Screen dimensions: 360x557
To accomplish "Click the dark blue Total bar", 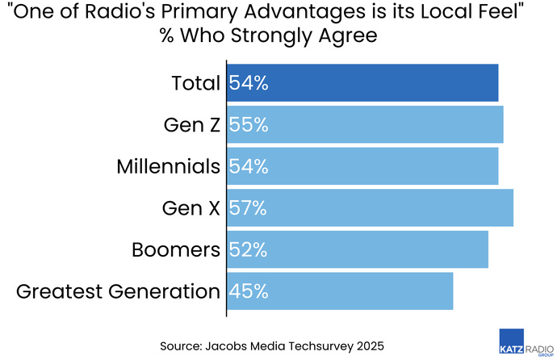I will coord(362,83).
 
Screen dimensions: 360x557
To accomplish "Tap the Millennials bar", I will coord(362,166).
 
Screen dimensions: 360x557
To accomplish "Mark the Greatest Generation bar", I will coord(340,291).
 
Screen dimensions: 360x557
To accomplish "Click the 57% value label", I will coord(248,208).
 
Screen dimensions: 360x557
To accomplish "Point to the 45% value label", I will coord(248,291).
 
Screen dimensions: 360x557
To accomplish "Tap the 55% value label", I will coord(248,125).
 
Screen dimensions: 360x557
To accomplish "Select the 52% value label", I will coord(248,249).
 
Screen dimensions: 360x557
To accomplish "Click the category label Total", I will coord(195,83).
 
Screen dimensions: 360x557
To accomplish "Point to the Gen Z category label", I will coord(191,125).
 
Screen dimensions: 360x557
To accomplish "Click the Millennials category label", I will coord(168,166).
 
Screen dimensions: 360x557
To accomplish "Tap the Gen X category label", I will coord(191,208).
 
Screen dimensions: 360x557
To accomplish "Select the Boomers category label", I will coord(176,249).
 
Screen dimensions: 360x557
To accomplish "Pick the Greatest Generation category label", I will coord(118,291).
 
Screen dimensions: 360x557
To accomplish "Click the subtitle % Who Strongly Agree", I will coord(278,38).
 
